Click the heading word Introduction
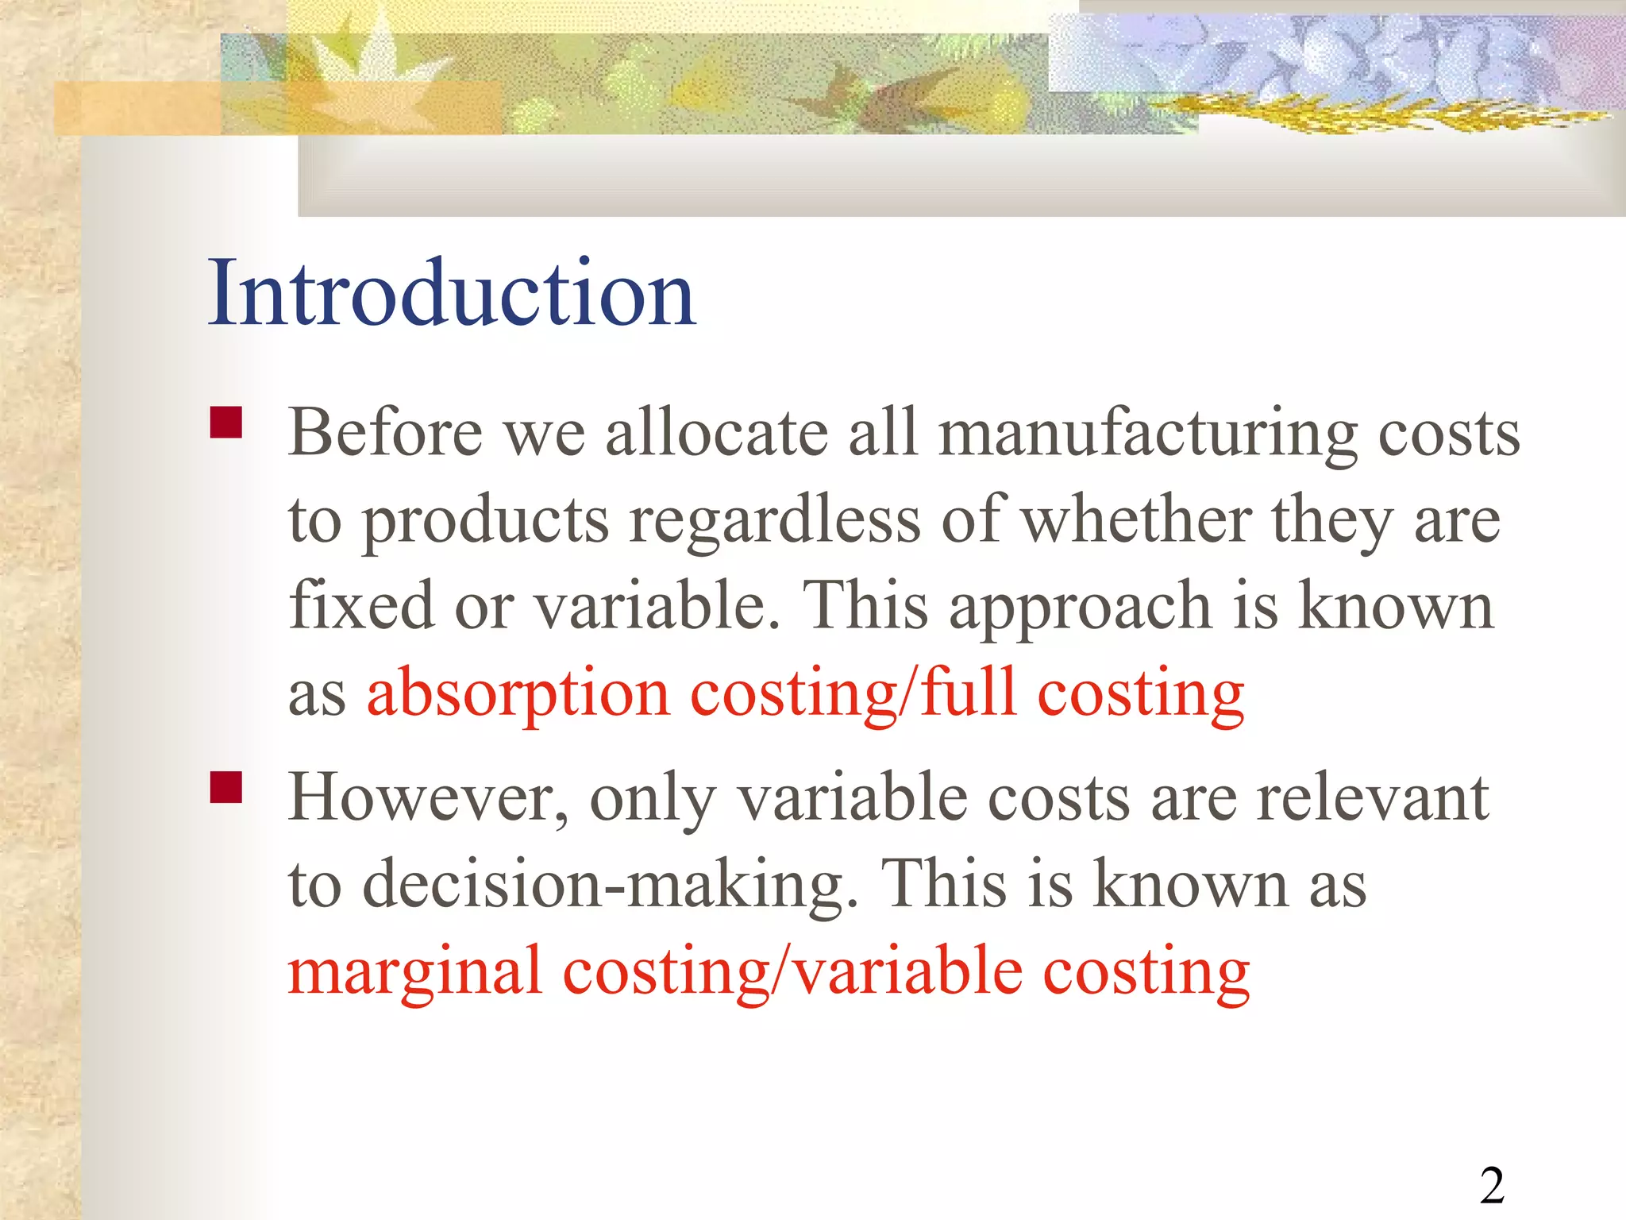451,293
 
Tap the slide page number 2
1492,1187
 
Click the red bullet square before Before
226,423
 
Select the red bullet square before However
226,788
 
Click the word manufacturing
1148,435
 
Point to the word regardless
775,522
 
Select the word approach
1081,608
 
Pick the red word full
969,693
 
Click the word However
428,798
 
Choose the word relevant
1372,798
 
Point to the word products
486,523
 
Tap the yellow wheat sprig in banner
1366,111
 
